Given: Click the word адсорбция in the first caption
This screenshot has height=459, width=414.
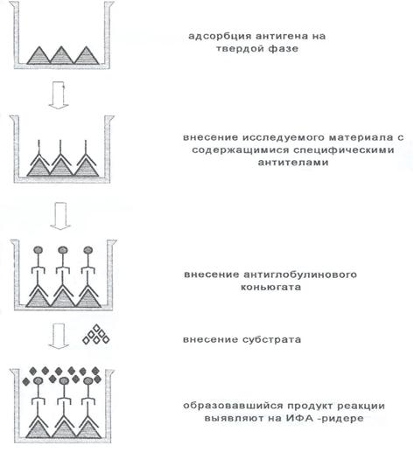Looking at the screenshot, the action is coord(220,37).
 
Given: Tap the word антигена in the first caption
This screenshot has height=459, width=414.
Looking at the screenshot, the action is coord(283,37).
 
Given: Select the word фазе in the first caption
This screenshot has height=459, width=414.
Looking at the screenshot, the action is coord(284,49).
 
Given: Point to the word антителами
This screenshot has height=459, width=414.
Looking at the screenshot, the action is coord(292,163).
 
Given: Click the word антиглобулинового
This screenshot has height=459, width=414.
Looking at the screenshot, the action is coord(300,275).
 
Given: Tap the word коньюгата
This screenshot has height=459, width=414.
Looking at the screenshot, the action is coord(270,287).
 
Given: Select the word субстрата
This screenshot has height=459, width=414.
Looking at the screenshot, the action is coord(271,340).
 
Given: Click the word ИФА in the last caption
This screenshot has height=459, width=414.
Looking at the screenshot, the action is coord(298,418).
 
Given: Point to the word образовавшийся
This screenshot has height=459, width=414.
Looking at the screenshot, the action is coord(234,406).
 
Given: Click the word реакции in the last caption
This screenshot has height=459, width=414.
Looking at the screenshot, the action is coord(361,407).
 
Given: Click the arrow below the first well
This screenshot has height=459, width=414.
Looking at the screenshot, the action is coord(59,95).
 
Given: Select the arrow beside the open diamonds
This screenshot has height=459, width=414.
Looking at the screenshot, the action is coord(59,337).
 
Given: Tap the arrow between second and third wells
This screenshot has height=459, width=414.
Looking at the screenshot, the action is coord(60,216).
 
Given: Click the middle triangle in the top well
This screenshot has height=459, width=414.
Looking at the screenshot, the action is coord(61,57).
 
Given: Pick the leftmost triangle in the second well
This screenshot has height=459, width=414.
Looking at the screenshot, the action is coord(39,169).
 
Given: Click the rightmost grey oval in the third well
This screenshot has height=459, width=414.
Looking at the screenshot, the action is coord(88,250).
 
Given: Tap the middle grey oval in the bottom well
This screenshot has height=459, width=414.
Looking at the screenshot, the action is coord(64,381).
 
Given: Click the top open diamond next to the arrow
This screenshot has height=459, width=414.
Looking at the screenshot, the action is coord(96,329).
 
